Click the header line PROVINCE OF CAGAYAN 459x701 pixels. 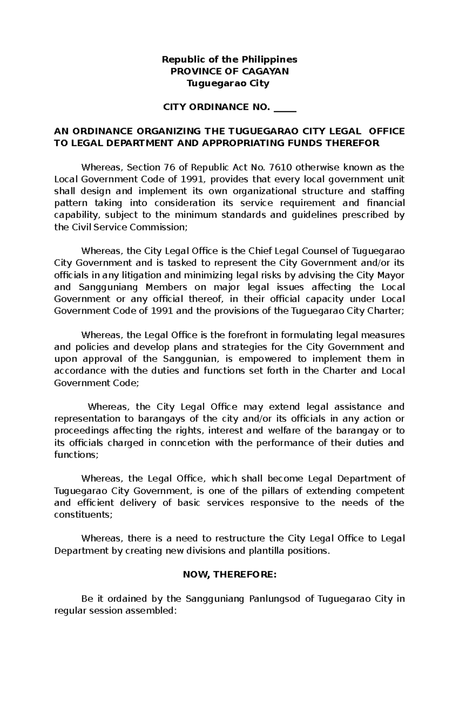pos(229,71)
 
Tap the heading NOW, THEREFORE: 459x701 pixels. pos(229,575)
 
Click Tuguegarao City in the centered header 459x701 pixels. pos(228,83)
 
